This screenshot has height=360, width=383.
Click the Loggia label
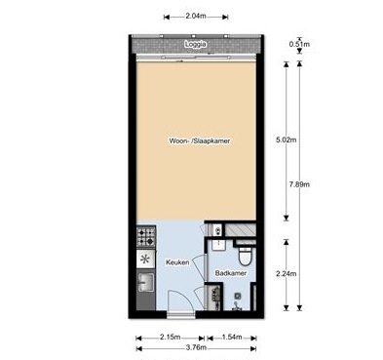point(195,44)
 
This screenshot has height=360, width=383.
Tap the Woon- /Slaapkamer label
point(200,140)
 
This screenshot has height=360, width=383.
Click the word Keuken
point(177,262)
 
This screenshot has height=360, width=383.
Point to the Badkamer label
point(231,273)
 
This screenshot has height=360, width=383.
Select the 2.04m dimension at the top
point(196,16)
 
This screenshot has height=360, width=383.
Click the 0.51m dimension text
point(299,44)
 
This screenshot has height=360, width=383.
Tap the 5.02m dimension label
point(286,140)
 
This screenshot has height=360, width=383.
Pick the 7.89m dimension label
point(299,184)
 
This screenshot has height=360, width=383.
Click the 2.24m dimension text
point(286,274)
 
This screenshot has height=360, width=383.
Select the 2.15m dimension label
point(170,337)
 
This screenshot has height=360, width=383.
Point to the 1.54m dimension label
point(232,337)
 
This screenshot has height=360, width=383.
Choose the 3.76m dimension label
point(196,347)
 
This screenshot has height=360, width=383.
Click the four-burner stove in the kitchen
point(146,236)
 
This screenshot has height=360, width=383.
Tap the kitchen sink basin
point(146,282)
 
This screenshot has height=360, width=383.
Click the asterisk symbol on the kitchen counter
point(145,259)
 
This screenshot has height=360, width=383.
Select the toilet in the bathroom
point(245,257)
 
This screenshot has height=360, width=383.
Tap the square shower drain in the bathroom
point(238,296)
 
